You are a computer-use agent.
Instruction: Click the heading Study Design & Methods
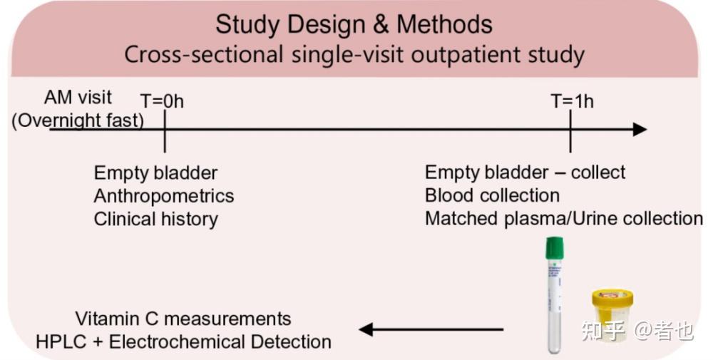click(354, 24)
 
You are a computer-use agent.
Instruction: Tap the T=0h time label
click(163, 101)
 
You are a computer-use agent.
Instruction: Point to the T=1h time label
click(573, 101)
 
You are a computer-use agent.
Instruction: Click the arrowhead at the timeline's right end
click(640, 130)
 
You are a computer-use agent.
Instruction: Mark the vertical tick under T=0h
click(165, 131)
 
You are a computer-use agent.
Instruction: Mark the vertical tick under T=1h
click(570, 131)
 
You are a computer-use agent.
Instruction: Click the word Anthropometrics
click(164, 196)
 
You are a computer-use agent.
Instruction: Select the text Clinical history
click(155, 219)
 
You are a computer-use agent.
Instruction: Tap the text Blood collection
click(492, 195)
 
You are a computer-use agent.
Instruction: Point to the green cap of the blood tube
click(554, 248)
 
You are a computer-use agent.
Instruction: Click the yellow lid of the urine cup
click(612, 298)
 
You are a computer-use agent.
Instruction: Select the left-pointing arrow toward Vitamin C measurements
click(431, 329)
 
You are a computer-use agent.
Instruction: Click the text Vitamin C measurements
click(183, 319)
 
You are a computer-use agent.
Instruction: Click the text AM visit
click(78, 97)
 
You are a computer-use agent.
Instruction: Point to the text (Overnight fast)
click(78, 120)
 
